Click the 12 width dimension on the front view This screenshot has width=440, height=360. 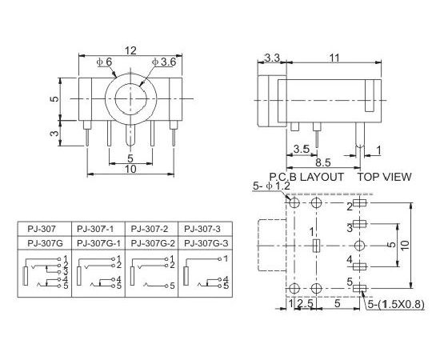[130, 50]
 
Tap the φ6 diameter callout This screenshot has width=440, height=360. [104, 62]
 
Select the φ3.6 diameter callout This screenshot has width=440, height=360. [164, 62]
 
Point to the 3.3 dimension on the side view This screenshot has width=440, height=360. [272, 58]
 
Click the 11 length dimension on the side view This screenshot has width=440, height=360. [334, 58]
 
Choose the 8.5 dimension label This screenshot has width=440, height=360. [323, 162]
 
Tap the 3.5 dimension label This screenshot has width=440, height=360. [301, 149]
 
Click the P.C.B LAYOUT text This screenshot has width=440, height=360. [306, 177]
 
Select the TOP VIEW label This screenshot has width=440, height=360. [384, 177]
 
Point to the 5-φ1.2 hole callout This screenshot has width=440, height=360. [271, 186]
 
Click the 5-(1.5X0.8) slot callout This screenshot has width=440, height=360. [396, 304]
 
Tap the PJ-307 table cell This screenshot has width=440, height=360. [42, 229]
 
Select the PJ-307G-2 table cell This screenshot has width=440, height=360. [153, 243]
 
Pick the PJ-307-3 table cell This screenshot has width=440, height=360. [202, 229]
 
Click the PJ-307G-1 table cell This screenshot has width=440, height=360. [98, 243]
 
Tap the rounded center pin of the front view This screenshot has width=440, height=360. [130, 135]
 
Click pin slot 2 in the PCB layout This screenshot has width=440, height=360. [359, 202]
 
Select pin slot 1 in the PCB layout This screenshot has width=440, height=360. [316, 246]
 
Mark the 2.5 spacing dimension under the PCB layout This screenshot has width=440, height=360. [305, 304]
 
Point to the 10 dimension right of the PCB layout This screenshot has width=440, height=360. [405, 246]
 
